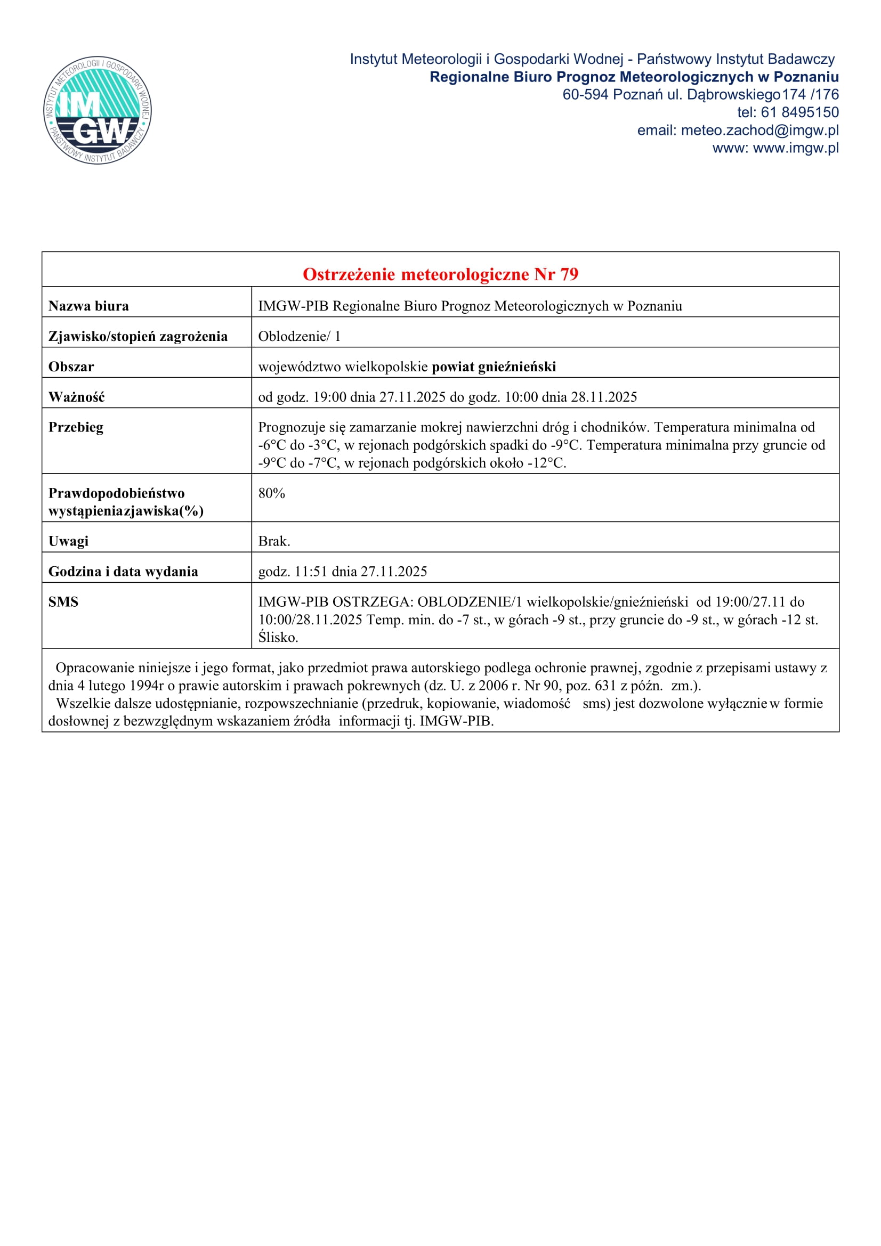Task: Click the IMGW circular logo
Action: pyautogui.click(x=98, y=111)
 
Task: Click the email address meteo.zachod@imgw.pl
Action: pyautogui.click(x=759, y=130)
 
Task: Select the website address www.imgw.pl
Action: pyautogui.click(x=796, y=148)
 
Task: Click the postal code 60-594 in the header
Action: pyautogui.click(x=585, y=94)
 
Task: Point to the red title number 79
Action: pyautogui.click(x=569, y=274)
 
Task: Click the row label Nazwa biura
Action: pyautogui.click(x=88, y=306)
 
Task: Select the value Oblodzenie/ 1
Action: pyautogui.click(x=299, y=337)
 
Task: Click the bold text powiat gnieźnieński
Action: pyautogui.click(x=494, y=367)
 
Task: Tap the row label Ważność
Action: pyautogui.click(x=77, y=397)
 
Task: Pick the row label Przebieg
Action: pyautogui.click(x=76, y=428)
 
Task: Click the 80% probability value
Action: pyautogui.click(x=271, y=493)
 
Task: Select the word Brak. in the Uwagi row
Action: pyautogui.click(x=274, y=541)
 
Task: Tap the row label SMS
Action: pyautogui.click(x=63, y=602)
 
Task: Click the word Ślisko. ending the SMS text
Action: pyautogui.click(x=278, y=638)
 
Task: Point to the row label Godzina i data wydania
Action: pyautogui.click(x=123, y=572)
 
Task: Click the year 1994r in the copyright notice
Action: pyautogui.click(x=147, y=686)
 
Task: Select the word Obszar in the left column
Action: pyautogui.click(x=71, y=367)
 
